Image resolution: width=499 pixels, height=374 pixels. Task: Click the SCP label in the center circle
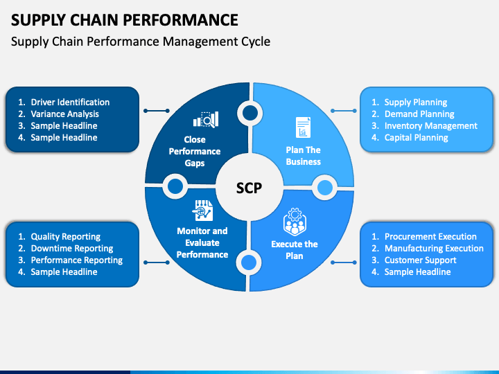click(249, 188)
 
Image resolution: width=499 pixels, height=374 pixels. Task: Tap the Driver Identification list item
click(70, 102)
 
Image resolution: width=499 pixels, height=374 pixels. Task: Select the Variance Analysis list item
click(64, 114)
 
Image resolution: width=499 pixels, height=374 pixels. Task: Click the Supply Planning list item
click(416, 102)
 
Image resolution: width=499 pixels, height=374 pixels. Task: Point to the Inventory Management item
click(431, 125)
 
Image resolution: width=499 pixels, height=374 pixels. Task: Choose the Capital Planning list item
click(417, 137)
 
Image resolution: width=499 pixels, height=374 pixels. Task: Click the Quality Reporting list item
click(66, 237)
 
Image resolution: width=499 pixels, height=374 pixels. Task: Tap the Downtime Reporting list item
click(72, 249)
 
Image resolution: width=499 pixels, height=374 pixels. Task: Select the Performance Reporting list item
click(77, 260)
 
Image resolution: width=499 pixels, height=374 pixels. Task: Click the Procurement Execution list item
click(430, 237)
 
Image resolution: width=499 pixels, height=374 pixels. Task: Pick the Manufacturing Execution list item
click(434, 249)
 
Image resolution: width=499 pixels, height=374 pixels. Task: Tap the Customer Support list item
click(421, 260)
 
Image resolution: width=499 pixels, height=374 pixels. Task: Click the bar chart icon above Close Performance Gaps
click(206, 120)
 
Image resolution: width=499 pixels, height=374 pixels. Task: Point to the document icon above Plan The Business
click(303, 127)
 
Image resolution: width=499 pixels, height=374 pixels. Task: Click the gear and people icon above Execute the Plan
click(295, 222)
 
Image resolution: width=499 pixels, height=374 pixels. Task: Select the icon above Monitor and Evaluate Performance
click(202, 211)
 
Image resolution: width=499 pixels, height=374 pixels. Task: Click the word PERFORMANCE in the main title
click(180, 20)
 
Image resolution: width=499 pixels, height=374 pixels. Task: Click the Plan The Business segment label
click(304, 156)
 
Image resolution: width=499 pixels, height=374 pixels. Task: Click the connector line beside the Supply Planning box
click(344, 111)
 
